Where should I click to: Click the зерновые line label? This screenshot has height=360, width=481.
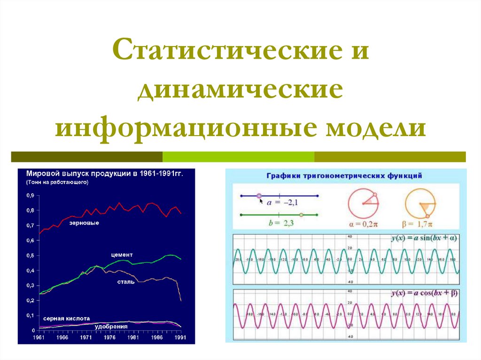tap(84, 222)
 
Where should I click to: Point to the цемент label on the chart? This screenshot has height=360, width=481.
tap(122, 254)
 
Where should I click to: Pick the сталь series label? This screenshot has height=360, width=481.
tap(125, 282)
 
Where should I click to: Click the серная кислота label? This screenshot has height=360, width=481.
tap(66, 318)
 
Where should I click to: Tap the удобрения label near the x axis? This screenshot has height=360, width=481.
tap(111, 326)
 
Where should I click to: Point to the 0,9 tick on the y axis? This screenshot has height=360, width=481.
tap(30, 195)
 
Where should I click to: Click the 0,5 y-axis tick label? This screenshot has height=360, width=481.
tap(30, 255)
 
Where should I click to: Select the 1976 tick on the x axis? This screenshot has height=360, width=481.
tap(110, 337)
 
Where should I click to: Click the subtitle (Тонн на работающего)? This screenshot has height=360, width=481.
tap(57, 183)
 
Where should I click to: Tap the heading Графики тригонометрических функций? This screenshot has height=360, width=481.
tap(344, 176)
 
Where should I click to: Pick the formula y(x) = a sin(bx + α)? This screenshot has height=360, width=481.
tap(424, 239)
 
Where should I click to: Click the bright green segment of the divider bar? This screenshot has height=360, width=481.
tap(238, 157)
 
